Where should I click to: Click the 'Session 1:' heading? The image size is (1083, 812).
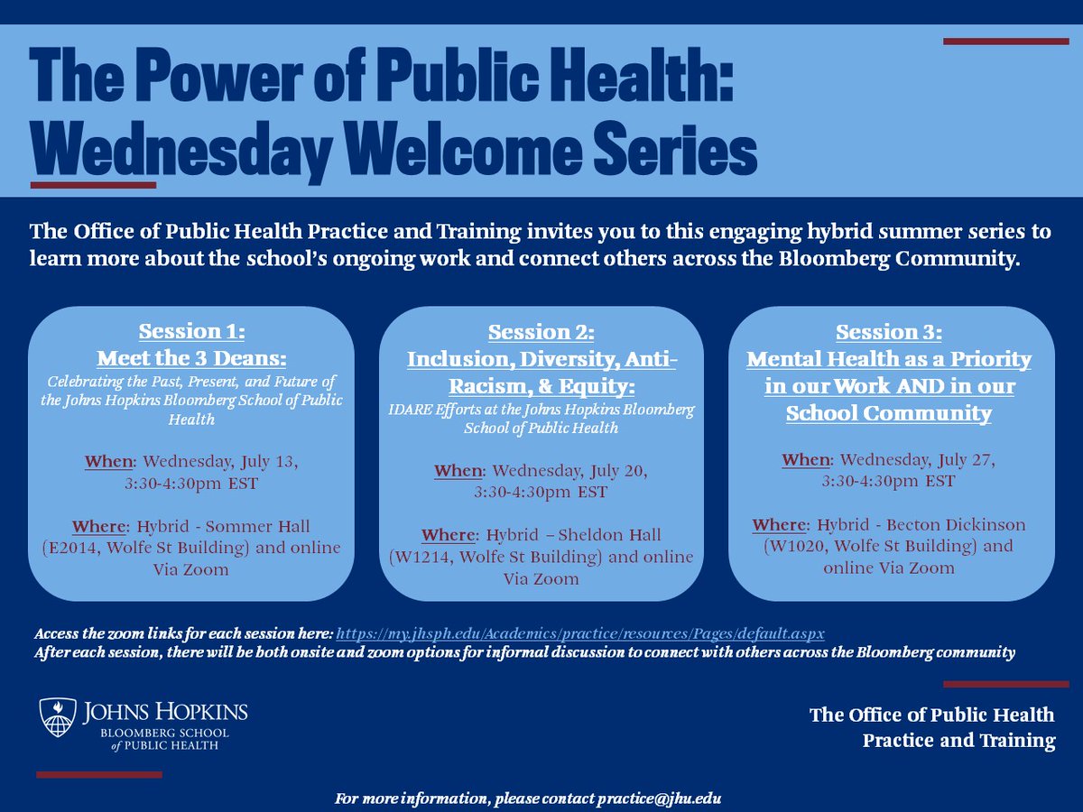[x=191, y=331]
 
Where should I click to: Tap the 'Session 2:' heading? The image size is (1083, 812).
[x=541, y=333]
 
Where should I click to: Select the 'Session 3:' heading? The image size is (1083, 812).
[x=889, y=333]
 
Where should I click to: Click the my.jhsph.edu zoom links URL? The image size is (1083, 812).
[x=580, y=633]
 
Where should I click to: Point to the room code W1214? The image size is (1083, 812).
[x=421, y=558]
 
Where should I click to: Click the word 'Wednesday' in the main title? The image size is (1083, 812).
[x=180, y=152]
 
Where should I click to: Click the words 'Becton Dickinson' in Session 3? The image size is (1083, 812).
[x=956, y=525]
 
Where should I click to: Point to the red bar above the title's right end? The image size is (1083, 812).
[x=1005, y=41]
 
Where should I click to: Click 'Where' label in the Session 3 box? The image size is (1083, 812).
[x=779, y=525]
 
